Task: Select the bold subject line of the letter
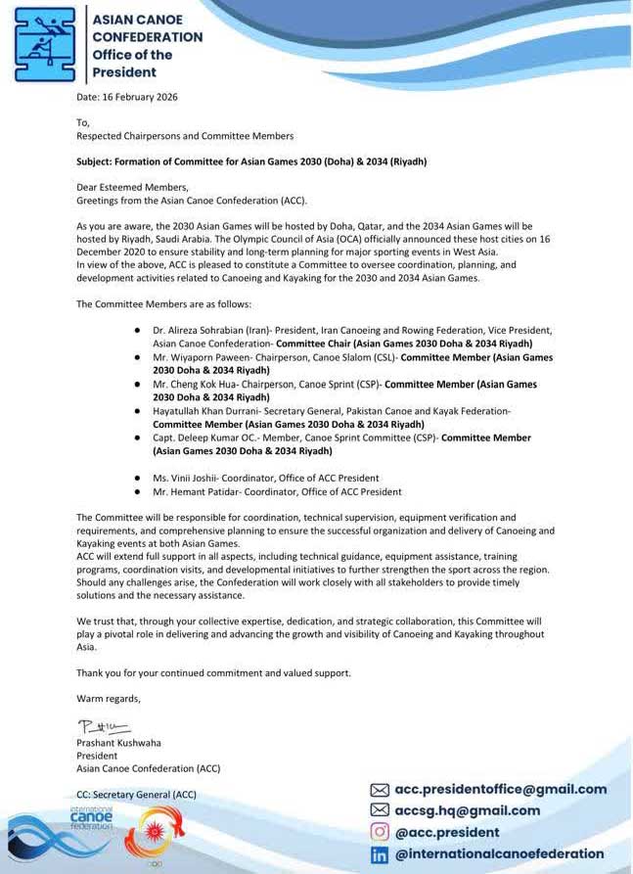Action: click(x=251, y=161)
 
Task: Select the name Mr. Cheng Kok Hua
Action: click(x=200, y=385)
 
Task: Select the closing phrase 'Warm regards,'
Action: click(x=109, y=698)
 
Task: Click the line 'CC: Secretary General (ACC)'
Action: click(x=136, y=795)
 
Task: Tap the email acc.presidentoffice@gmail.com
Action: click(x=500, y=789)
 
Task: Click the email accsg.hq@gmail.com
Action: click(x=467, y=810)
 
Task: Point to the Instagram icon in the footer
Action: click(x=379, y=832)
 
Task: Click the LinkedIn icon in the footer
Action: click(x=379, y=854)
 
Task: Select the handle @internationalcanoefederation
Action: click(x=499, y=854)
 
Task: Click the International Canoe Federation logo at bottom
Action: click(x=91, y=819)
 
